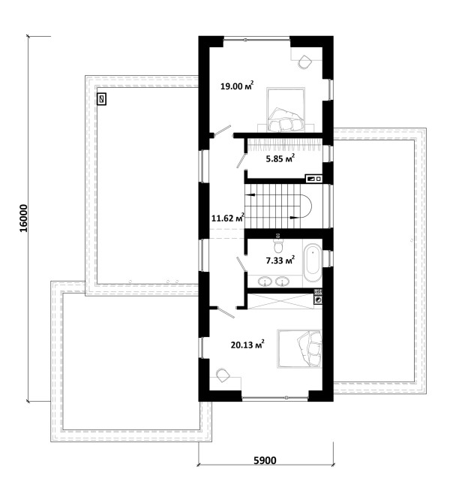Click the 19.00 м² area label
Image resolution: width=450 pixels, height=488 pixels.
(x=237, y=86)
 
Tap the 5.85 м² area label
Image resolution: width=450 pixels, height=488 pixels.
(x=280, y=158)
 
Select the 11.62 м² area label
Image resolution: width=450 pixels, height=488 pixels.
(x=228, y=218)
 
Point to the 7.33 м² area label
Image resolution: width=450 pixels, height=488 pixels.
(x=280, y=260)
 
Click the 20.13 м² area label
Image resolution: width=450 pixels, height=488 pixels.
(x=247, y=344)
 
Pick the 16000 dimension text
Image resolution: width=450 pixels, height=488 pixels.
(x=24, y=218)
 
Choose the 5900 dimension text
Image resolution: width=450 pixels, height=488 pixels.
(x=265, y=460)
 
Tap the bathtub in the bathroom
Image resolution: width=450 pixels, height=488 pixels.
(x=312, y=263)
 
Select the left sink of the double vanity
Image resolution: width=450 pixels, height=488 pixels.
(x=265, y=282)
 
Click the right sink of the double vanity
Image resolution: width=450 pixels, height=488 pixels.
(x=282, y=282)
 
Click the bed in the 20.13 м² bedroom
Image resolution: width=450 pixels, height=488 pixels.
(x=299, y=348)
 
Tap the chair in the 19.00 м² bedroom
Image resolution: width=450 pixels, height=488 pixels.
(x=304, y=62)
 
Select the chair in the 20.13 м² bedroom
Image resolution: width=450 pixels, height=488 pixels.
(x=223, y=375)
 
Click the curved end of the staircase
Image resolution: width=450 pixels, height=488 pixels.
(x=307, y=206)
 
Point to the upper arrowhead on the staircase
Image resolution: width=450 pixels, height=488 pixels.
(x=250, y=195)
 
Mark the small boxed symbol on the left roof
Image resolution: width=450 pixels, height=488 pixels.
(x=101, y=99)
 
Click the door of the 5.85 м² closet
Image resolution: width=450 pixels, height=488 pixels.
(x=241, y=159)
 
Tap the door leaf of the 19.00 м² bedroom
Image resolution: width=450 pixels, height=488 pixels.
(x=223, y=130)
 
